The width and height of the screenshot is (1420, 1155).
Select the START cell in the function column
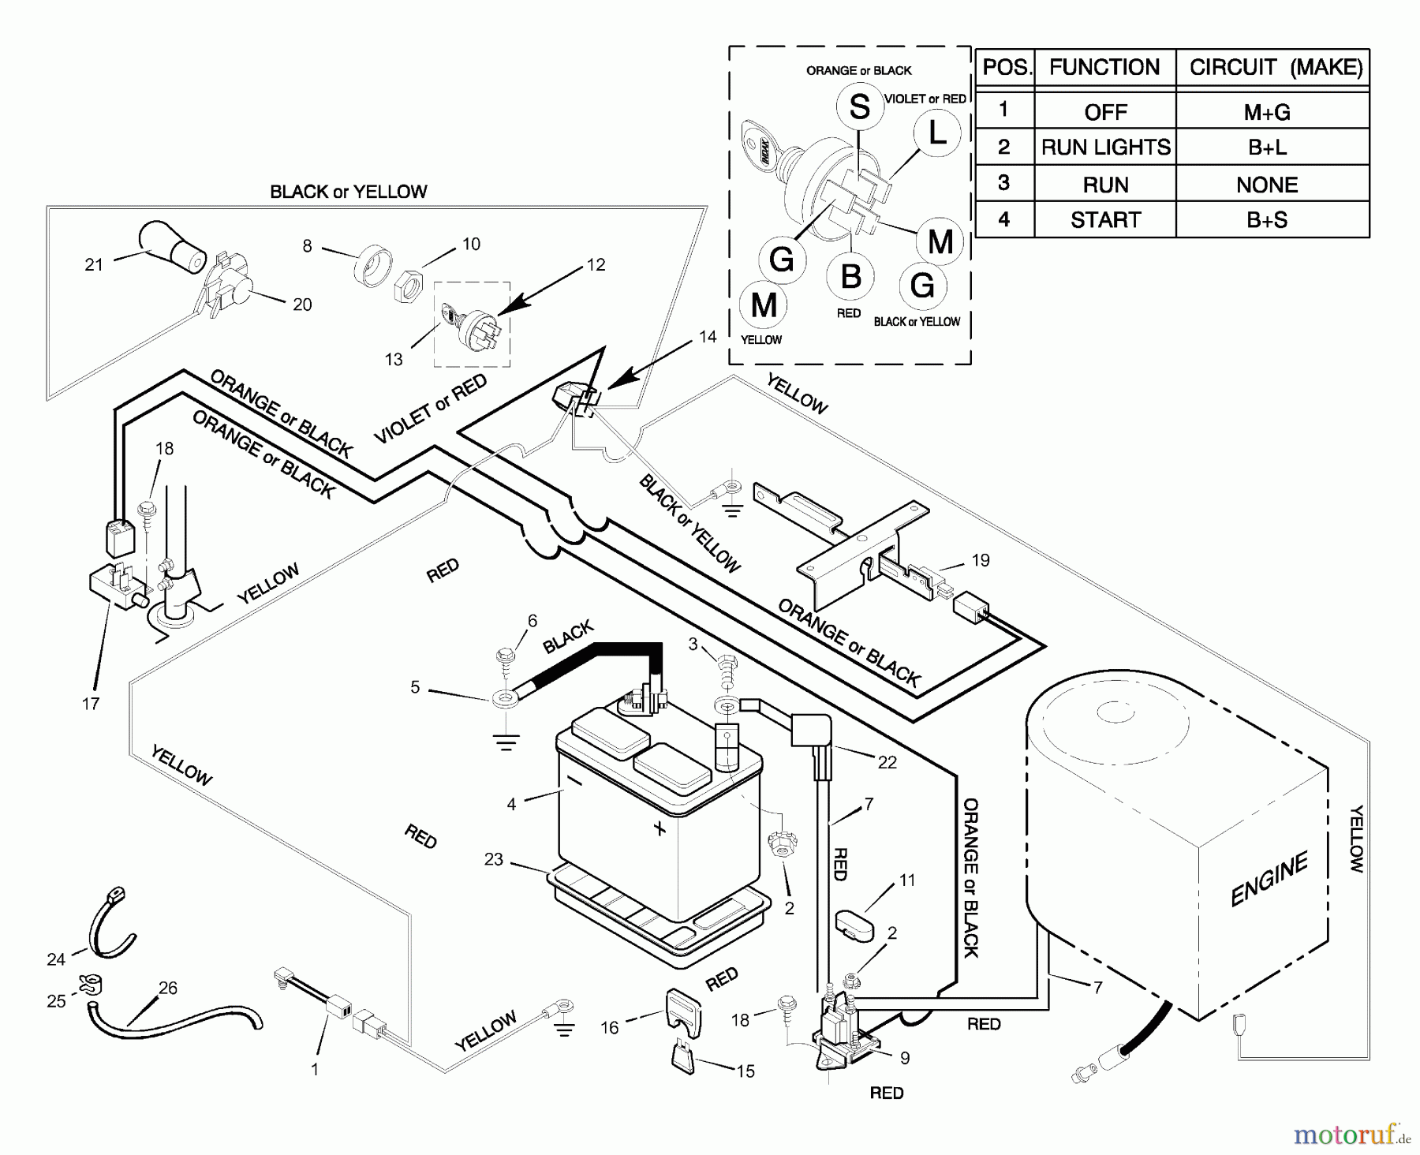[1104, 219]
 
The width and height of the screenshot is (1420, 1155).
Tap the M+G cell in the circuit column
[1267, 112]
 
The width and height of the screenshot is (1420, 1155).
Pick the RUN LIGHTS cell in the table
[1105, 148]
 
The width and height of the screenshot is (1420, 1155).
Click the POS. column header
[1006, 68]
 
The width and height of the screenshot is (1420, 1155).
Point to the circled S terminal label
[859, 107]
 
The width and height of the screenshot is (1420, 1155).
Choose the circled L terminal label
[937, 133]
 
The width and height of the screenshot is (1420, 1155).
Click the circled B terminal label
[850, 277]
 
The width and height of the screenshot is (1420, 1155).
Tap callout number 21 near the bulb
[94, 265]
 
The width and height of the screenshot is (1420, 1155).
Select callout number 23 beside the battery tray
[494, 859]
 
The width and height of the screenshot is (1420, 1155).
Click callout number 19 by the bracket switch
[980, 560]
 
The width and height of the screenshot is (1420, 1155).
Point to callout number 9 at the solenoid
[905, 1058]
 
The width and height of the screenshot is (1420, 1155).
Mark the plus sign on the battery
[660, 828]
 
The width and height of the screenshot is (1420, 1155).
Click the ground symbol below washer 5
[506, 742]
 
